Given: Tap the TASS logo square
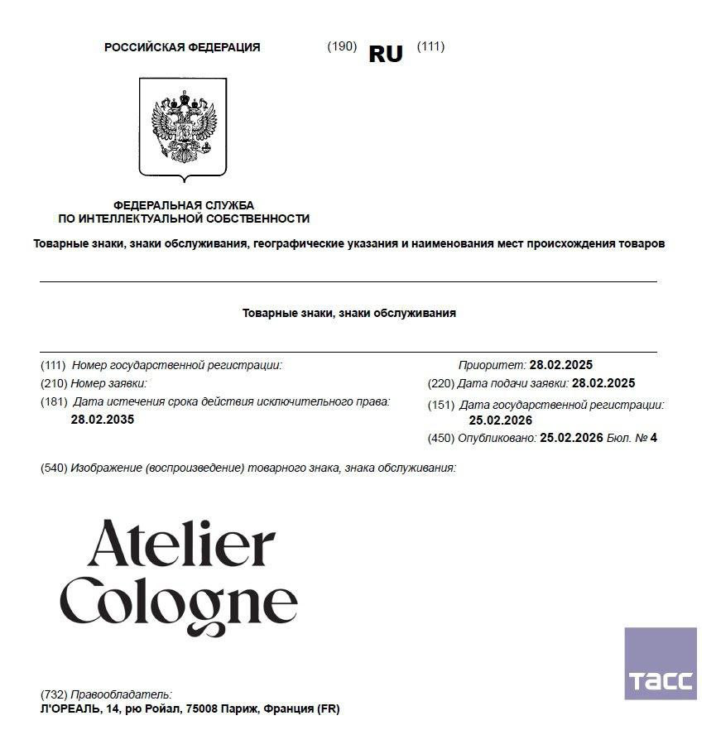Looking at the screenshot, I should pyautogui.click(x=660, y=664).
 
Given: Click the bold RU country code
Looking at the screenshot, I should pyautogui.click(x=386, y=54).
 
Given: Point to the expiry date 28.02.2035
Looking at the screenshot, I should pyautogui.click(x=103, y=420).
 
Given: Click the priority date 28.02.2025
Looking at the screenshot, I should pyautogui.click(x=561, y=365).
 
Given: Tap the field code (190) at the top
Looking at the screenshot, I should pyautogui.click(x=342, y=46).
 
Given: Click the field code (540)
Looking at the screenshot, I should pyautogui.click(x=54, y=468).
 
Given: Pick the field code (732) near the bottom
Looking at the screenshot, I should pyautogui.click(x=54, y=694).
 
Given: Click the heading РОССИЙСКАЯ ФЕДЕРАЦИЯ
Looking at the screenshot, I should pyautogui.click(x=182, y=47).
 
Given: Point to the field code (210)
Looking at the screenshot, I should pyautogui.click(x=54, y=383).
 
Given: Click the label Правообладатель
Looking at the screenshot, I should pyautogui.click(x=121, y=694).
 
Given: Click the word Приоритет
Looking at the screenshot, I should pyautogui.click(x=492, y=365).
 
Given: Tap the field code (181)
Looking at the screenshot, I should pyautogui.click(x=54, y=402).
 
